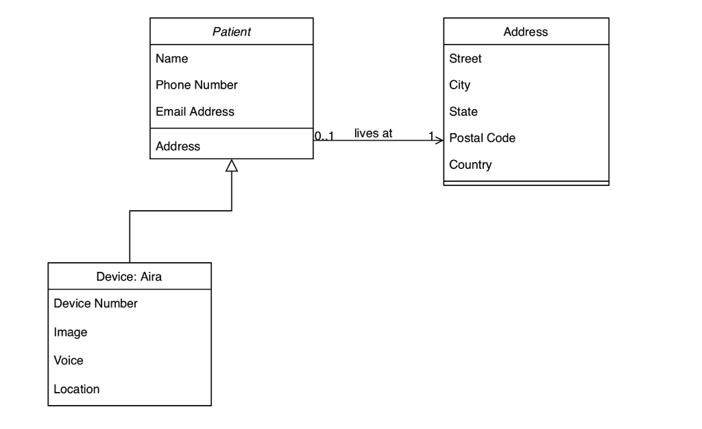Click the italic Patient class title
click(x=232, y=32)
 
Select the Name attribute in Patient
click(x=171, y=59)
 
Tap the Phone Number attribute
click(x=197, y=85)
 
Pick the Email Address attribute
click(x=195, y=111)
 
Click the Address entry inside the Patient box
click(x=178, y=146)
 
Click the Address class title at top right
click(x=526, y=32)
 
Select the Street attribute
click(x=465, y=59)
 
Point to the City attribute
click(x=459, y=85)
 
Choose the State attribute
click(x=463, y=111)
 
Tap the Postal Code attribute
click(x=482, y=138)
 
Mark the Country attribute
click(x=470, y=165)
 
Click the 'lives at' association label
click(x=373, y=133)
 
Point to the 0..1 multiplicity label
click(x=324, y=136)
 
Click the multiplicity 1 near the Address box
click(x=431, y=136)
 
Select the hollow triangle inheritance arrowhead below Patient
click(x=232, y=165)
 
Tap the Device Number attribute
click(x=95, y=303)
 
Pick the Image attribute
click(x=71, y=332)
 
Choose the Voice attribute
click(x=69, y=360)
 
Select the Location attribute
click(x=77, y=389)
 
